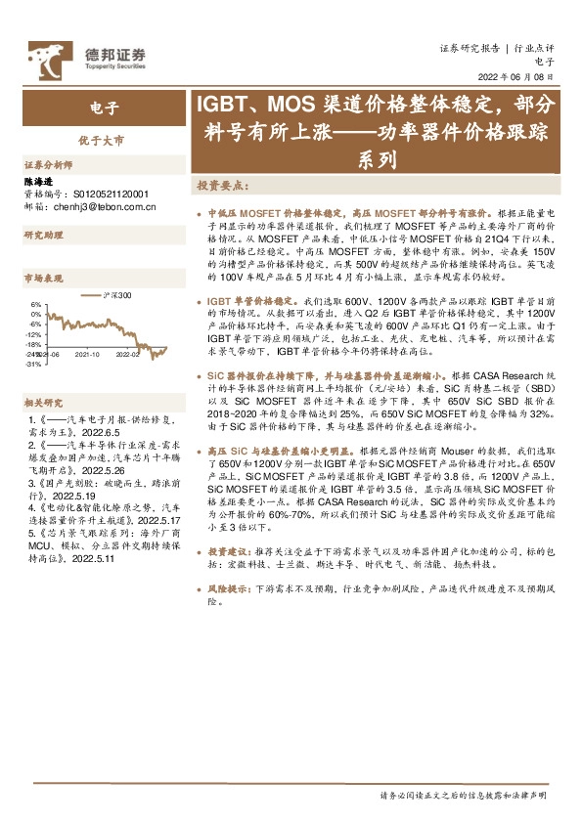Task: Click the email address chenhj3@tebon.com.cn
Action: [102, 207]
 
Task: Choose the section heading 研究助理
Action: [43, 236]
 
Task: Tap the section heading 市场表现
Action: [43, 280]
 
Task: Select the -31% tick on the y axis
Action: [33, 364]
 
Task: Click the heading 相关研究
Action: [43, 402]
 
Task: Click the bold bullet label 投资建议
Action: [230, 552]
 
